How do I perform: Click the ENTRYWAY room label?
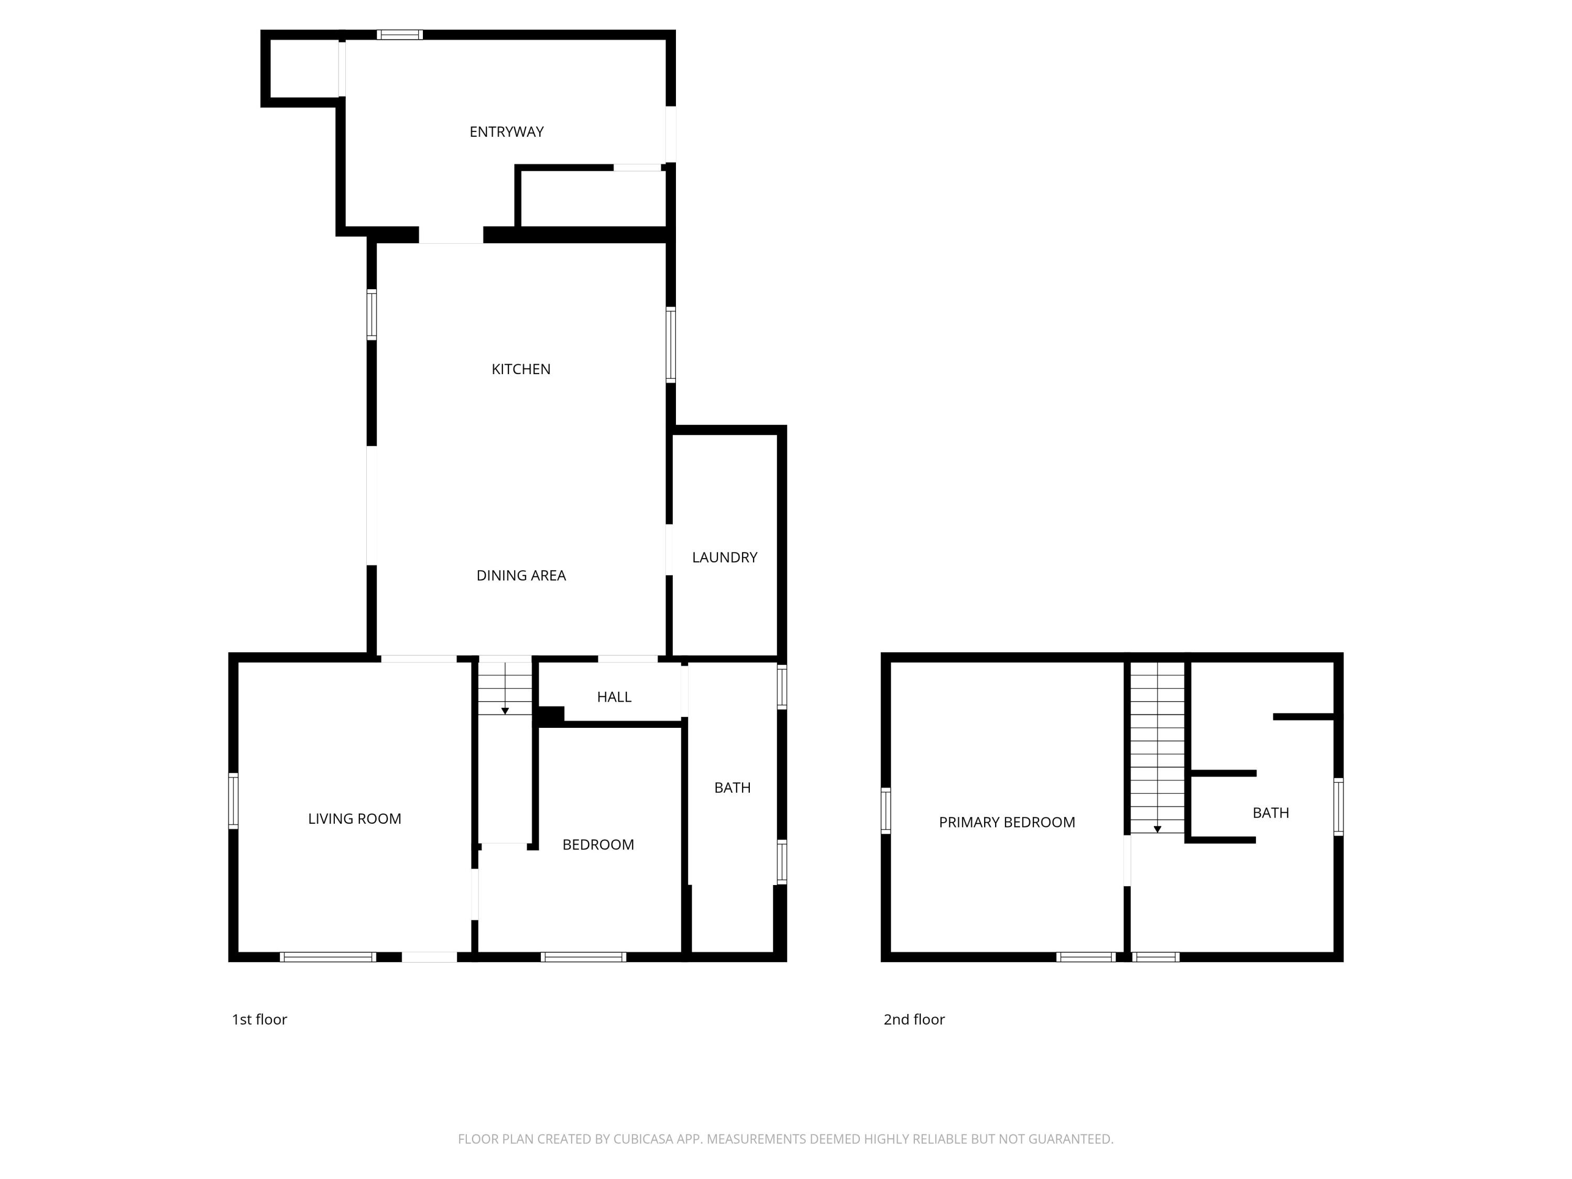(506, 132)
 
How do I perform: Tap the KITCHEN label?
(520, 369)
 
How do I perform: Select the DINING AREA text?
(520, 575)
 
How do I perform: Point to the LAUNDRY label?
(724, 557)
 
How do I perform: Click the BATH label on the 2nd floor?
(1270, 812)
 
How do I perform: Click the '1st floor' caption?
(259, 1019)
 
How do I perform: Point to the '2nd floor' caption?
(913, 1019)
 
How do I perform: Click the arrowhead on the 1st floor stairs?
(505, 711)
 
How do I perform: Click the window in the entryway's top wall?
(399, 34)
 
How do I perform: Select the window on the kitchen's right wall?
(670, 345)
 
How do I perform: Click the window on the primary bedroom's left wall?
(886, 810)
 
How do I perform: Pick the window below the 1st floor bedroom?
(583, 956)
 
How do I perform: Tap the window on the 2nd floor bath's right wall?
(1338, 806)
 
